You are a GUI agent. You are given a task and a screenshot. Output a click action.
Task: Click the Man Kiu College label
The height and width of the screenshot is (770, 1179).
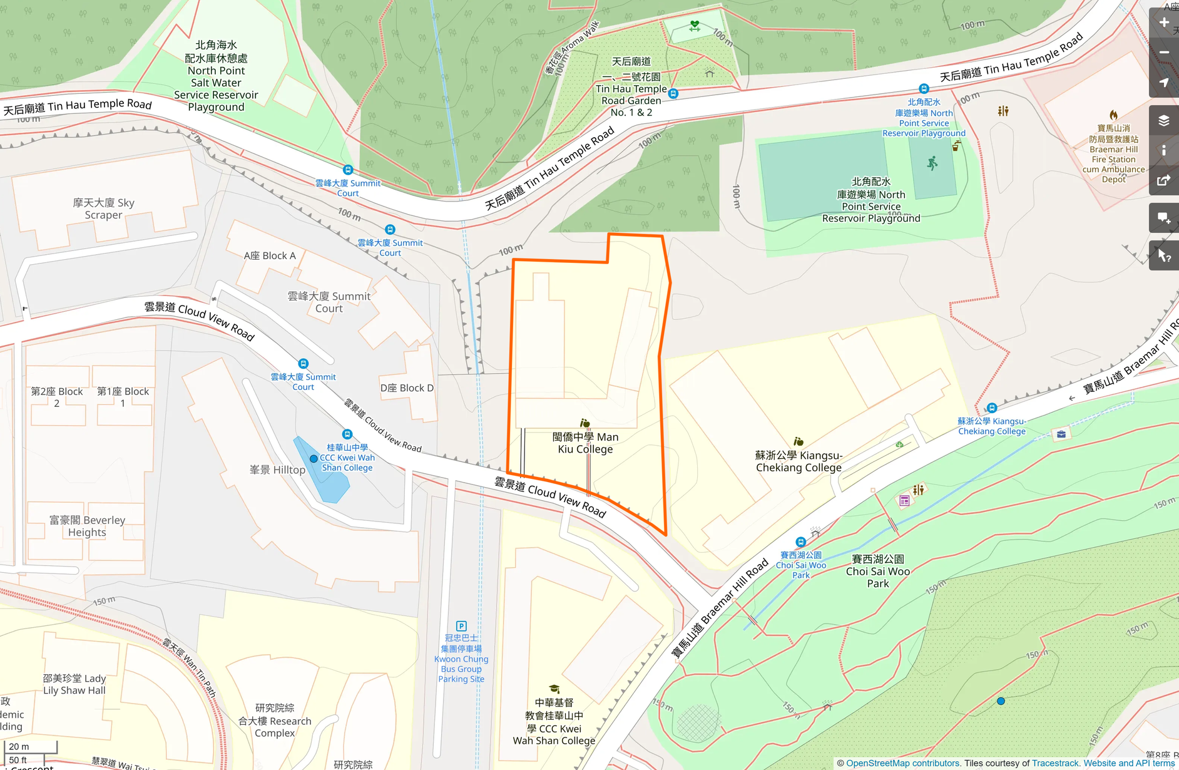tap(585, 443)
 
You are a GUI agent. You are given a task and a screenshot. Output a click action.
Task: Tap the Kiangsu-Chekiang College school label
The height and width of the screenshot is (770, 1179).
tap(799, 461)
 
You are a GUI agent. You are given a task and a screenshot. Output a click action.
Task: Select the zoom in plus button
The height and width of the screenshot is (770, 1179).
tap(1164, 23)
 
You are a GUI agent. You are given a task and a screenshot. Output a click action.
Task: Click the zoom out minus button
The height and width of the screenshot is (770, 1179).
tap(1164, 53)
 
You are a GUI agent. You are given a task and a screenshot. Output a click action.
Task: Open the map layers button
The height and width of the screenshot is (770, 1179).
tap(1164, 120)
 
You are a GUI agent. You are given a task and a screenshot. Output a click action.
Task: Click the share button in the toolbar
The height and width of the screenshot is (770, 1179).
tap(1164, 180)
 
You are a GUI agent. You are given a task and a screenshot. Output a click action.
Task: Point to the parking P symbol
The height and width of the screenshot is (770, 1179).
tap(461, 626)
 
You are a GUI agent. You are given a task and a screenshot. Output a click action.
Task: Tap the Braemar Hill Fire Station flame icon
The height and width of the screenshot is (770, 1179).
tap(1113, 115)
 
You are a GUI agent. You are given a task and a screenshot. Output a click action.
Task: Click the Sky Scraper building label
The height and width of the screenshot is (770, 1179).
tap(103, 208)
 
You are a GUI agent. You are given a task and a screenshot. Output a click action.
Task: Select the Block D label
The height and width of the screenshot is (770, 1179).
tap(407, 388)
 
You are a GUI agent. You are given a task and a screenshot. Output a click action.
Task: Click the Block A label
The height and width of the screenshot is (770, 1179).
tap(270, 255)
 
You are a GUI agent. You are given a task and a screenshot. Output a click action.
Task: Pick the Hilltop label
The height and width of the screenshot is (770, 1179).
tap(277, 470)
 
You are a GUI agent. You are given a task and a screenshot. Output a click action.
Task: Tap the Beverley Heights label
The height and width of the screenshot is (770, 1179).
tap(87, 526)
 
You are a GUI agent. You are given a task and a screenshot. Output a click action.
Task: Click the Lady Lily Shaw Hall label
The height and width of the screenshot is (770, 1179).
tap(74, 684)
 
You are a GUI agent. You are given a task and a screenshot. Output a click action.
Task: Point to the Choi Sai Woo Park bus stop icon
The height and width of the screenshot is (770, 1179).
tap(800, 542)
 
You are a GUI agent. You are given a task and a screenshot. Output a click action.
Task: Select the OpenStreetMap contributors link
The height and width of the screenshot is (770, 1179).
tap(902, 763)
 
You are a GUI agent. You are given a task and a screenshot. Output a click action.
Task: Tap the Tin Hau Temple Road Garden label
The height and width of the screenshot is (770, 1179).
tap(631, 88)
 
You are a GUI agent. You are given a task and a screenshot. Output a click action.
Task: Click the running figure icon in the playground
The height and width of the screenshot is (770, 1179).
tap(932, 164)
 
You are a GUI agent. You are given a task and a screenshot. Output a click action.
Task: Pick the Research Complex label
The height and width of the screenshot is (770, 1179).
tap(275, 721)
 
